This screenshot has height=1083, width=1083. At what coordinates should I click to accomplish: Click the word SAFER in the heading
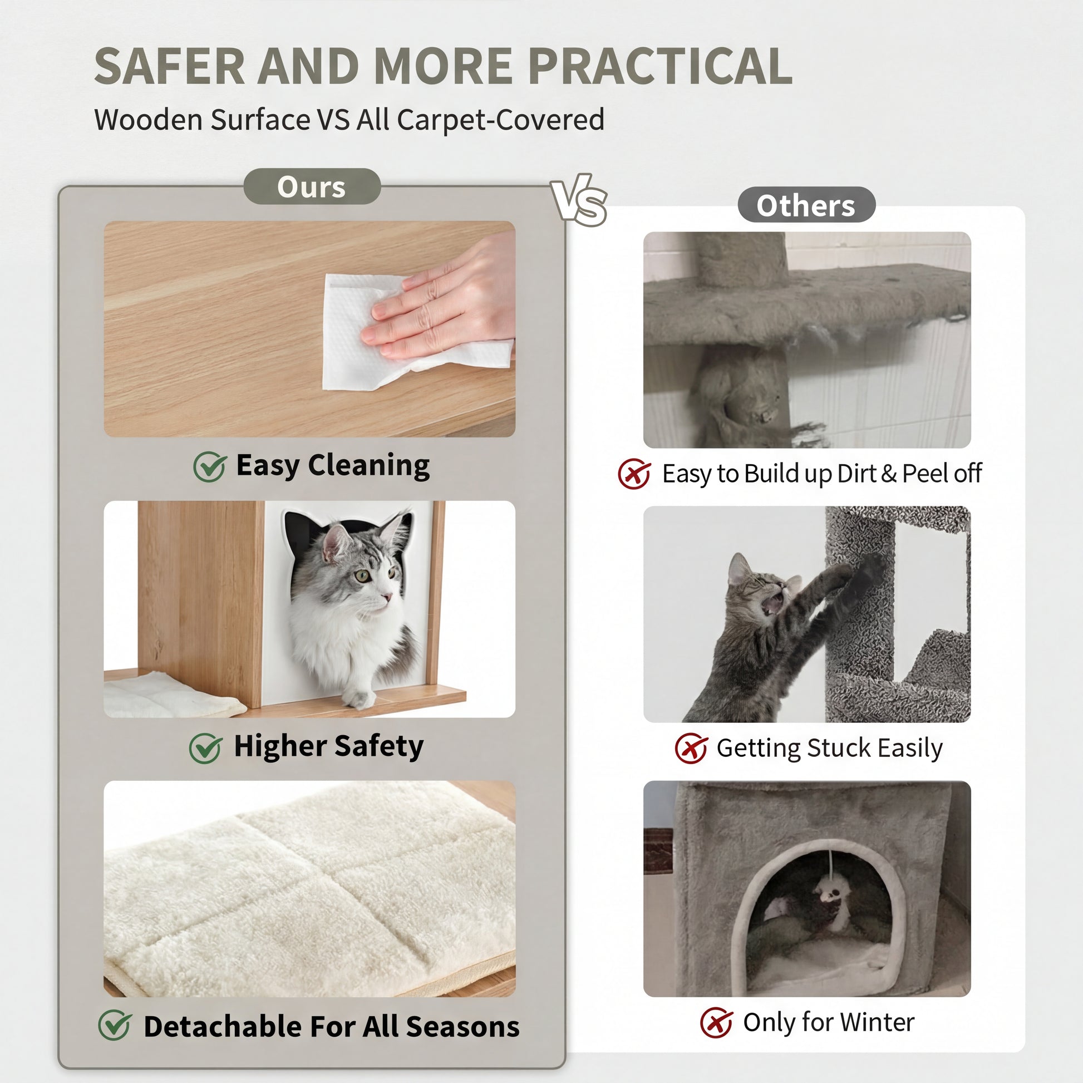click(170, 66)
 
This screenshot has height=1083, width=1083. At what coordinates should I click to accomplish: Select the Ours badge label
click(312, 186)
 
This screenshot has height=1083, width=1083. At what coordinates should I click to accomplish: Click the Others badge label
click(806, 205)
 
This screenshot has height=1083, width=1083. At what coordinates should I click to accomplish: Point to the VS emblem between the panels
click(579, 200)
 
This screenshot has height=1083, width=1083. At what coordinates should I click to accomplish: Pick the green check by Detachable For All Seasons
click(115, 1025)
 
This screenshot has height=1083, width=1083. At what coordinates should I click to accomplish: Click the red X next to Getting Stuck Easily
click(691, 748)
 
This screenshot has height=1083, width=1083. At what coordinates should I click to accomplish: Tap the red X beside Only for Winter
click(716, 1022)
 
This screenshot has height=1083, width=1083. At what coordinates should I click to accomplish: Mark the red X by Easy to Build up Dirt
click(634, 474)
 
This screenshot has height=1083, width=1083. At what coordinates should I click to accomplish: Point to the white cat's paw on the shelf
click(359, 697)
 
